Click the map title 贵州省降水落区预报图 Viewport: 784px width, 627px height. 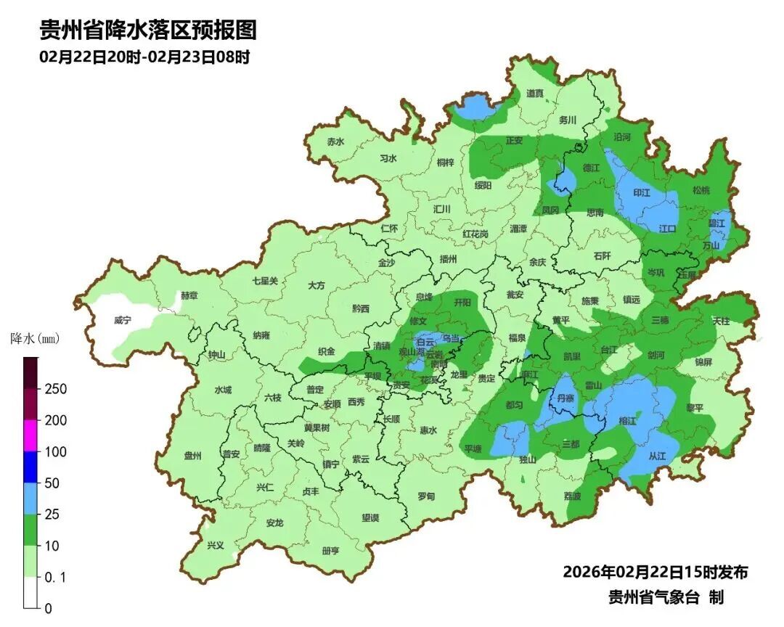(x=148, y=30)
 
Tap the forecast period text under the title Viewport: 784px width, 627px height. (x=144, y=57)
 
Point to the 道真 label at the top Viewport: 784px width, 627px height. (x=535, y=94)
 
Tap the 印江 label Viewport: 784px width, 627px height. (x=642, y=193)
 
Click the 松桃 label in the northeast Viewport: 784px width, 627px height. (x=701, y=191)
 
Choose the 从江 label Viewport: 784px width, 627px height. (x=657, y=456)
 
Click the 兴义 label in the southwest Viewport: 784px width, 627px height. (x=216, y=546)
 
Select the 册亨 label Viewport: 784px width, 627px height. (x=330, y=551)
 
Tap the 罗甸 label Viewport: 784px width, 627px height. (x=426, y=496)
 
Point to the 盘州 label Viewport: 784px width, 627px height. (x=192, y=456)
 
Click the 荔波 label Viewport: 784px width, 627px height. (x=572, y=496)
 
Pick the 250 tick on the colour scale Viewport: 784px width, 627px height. (x=55, y=389)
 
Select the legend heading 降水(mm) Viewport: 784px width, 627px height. (x=34, y=339)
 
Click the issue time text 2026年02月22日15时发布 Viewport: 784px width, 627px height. (x=655, y=573)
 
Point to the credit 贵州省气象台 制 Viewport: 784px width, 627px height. (x=666, y=597)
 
